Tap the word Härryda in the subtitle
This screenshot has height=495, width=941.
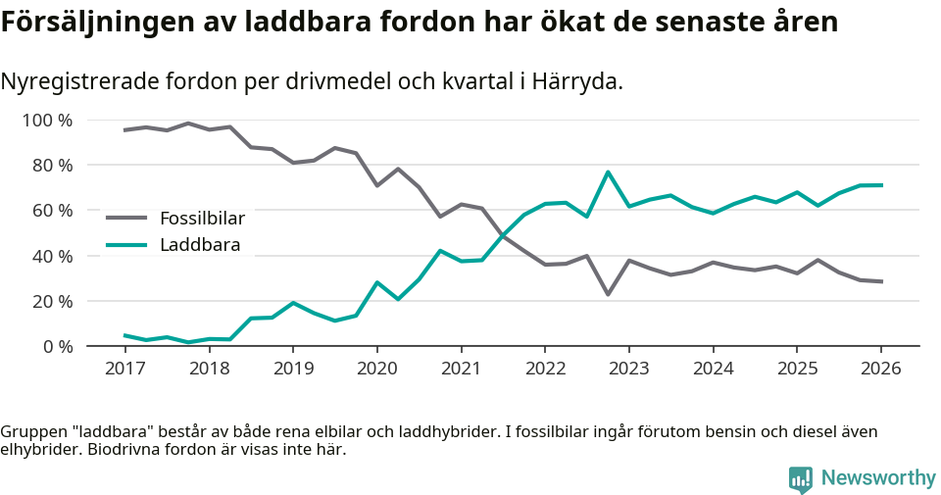coord(578,81)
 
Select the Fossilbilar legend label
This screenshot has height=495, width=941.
coord(202,218)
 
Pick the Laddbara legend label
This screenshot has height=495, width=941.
coord(200,244)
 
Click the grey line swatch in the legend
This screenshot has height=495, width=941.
coord(126,218)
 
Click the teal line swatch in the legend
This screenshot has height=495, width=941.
coord(126,244)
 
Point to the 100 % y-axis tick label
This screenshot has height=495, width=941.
coord(47,121)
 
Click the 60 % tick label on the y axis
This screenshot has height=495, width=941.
coord(51,211)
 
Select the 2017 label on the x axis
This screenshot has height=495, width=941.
coord(124,369)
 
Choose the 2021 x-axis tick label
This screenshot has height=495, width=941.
coord(461,369)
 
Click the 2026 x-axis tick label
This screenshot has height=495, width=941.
coord(880,369)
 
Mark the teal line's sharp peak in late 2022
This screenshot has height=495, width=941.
coord(608,173)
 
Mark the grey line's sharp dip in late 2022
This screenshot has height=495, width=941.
coord(608,294)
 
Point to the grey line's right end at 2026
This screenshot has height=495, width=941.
coord(881,281)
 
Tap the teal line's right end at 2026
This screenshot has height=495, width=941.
coord(881,185)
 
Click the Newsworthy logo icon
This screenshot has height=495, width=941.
coord(801,478)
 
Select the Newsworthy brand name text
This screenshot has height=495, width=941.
coord(877,478)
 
